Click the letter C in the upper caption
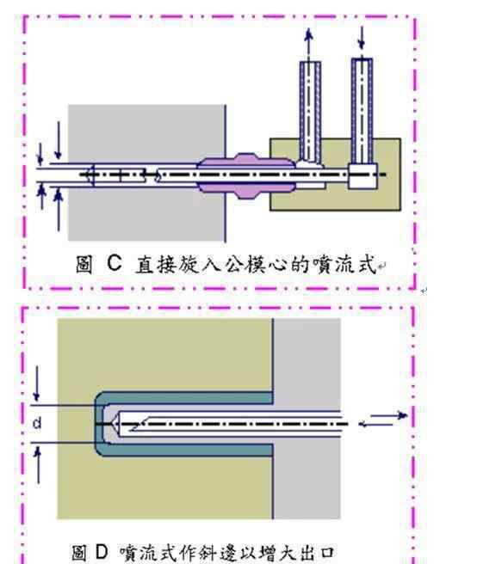[x=115, y=263]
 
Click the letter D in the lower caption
[x=102, y=552]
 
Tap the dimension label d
[x=37, y=423]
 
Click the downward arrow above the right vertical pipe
[x=362, y=38]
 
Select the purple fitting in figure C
[x=246, y=176]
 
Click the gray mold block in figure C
[x=147, y=173]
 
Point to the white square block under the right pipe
[x=362, y=176]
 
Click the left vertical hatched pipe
[x=310, y=112]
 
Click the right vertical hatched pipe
[x=362, y=111]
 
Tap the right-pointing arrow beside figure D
[x=389, y=415]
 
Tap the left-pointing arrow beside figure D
[x=376, y=425]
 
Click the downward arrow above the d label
[x=36, y=383]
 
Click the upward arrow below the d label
[x=38, y=465]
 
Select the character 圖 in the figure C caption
[x=84, y=264]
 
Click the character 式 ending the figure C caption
[x=366, y=264]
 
